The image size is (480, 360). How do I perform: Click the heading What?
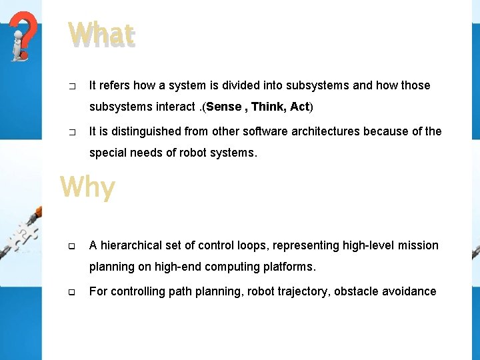pos(101,35)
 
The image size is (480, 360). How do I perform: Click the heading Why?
pos(87,187)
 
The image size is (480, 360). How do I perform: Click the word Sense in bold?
pos(224,107)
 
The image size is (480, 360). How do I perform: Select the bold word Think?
pos(268,107)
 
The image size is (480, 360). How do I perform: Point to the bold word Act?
pos(299,107)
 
